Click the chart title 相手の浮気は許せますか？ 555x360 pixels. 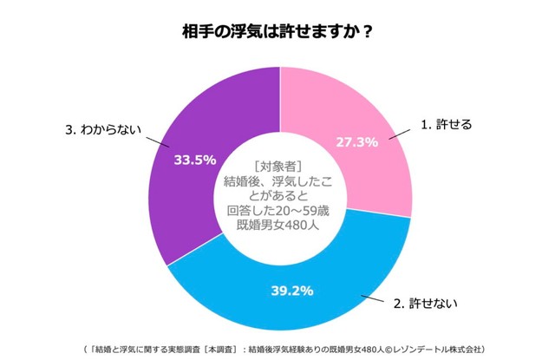click(277, 32)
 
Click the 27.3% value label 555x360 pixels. click(356, 141)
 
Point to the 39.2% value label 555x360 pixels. click(291, 290)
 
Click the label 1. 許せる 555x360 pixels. click(446, 125)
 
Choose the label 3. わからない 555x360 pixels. click(102, 129)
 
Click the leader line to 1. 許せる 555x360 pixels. click(402, 132)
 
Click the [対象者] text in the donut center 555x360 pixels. click(277, 165)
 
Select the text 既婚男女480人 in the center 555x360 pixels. click(277, 225)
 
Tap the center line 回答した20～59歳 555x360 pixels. click(277, 210)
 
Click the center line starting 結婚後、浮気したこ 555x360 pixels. click(277, 180)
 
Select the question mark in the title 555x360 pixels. click(368, 32)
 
